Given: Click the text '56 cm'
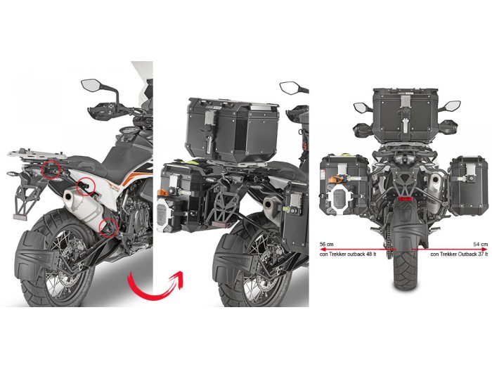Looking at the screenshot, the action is click(326, 244).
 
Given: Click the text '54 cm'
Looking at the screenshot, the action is click(480, 244).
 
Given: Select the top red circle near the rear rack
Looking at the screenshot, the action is click(51, 169).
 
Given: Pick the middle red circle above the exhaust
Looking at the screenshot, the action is click(86, 186).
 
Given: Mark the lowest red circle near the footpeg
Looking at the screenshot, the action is click(108, 228).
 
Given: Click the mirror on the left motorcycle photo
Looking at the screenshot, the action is click(91, 85).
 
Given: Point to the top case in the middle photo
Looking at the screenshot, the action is click(231, 129).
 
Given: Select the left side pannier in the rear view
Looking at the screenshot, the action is click(344, 185).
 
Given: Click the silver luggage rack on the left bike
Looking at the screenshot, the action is click(37, 153).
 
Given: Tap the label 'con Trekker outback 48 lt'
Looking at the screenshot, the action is click(347, 254).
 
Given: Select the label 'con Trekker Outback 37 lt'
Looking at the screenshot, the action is click(459, 254).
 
